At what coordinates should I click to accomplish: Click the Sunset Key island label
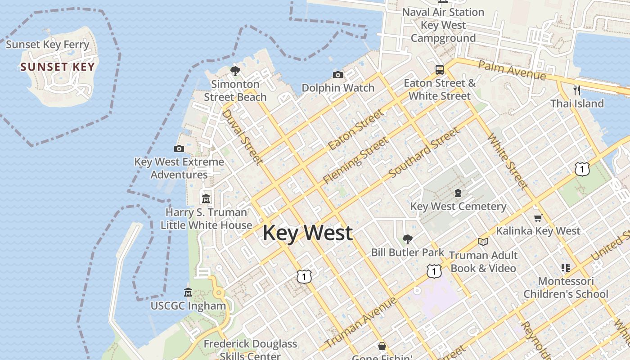[58, 67]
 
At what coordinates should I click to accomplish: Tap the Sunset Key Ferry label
[48, 45]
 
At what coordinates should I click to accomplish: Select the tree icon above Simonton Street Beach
[235, 71]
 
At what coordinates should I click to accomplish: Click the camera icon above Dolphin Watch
[338, 75]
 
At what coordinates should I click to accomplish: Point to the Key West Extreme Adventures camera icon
[179, 148]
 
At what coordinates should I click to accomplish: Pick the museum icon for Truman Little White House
[206, 198]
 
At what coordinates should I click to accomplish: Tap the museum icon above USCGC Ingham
[188, 292]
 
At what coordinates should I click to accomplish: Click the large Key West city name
[307, 233]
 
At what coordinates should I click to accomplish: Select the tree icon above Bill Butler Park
[408, 239]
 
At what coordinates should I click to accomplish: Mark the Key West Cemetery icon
[458, 193]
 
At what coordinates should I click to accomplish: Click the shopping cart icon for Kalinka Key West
[538, 218]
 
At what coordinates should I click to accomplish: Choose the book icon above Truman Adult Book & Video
[483, 242]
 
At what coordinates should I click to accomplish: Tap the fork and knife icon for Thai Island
[577, 90]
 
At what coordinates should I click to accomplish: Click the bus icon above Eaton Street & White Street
[440, 70]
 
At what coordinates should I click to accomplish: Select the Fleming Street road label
[355, 160]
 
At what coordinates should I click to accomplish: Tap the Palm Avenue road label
[512, 71]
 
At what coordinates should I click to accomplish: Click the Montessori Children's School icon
[566, 268]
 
